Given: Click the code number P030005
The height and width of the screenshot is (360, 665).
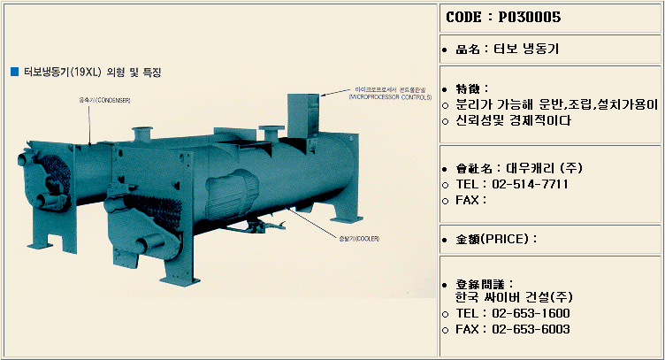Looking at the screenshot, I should coord(531,17).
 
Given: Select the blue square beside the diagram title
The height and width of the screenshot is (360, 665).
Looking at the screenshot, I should coord(13,71).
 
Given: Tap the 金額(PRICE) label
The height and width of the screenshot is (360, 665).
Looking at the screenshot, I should coord(496,239).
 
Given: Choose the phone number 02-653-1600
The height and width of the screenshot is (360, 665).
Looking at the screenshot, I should coord(531,314).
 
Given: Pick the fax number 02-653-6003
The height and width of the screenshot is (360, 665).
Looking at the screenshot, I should coord(531,330).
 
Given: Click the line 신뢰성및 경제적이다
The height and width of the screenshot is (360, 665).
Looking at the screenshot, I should coord(513,119).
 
